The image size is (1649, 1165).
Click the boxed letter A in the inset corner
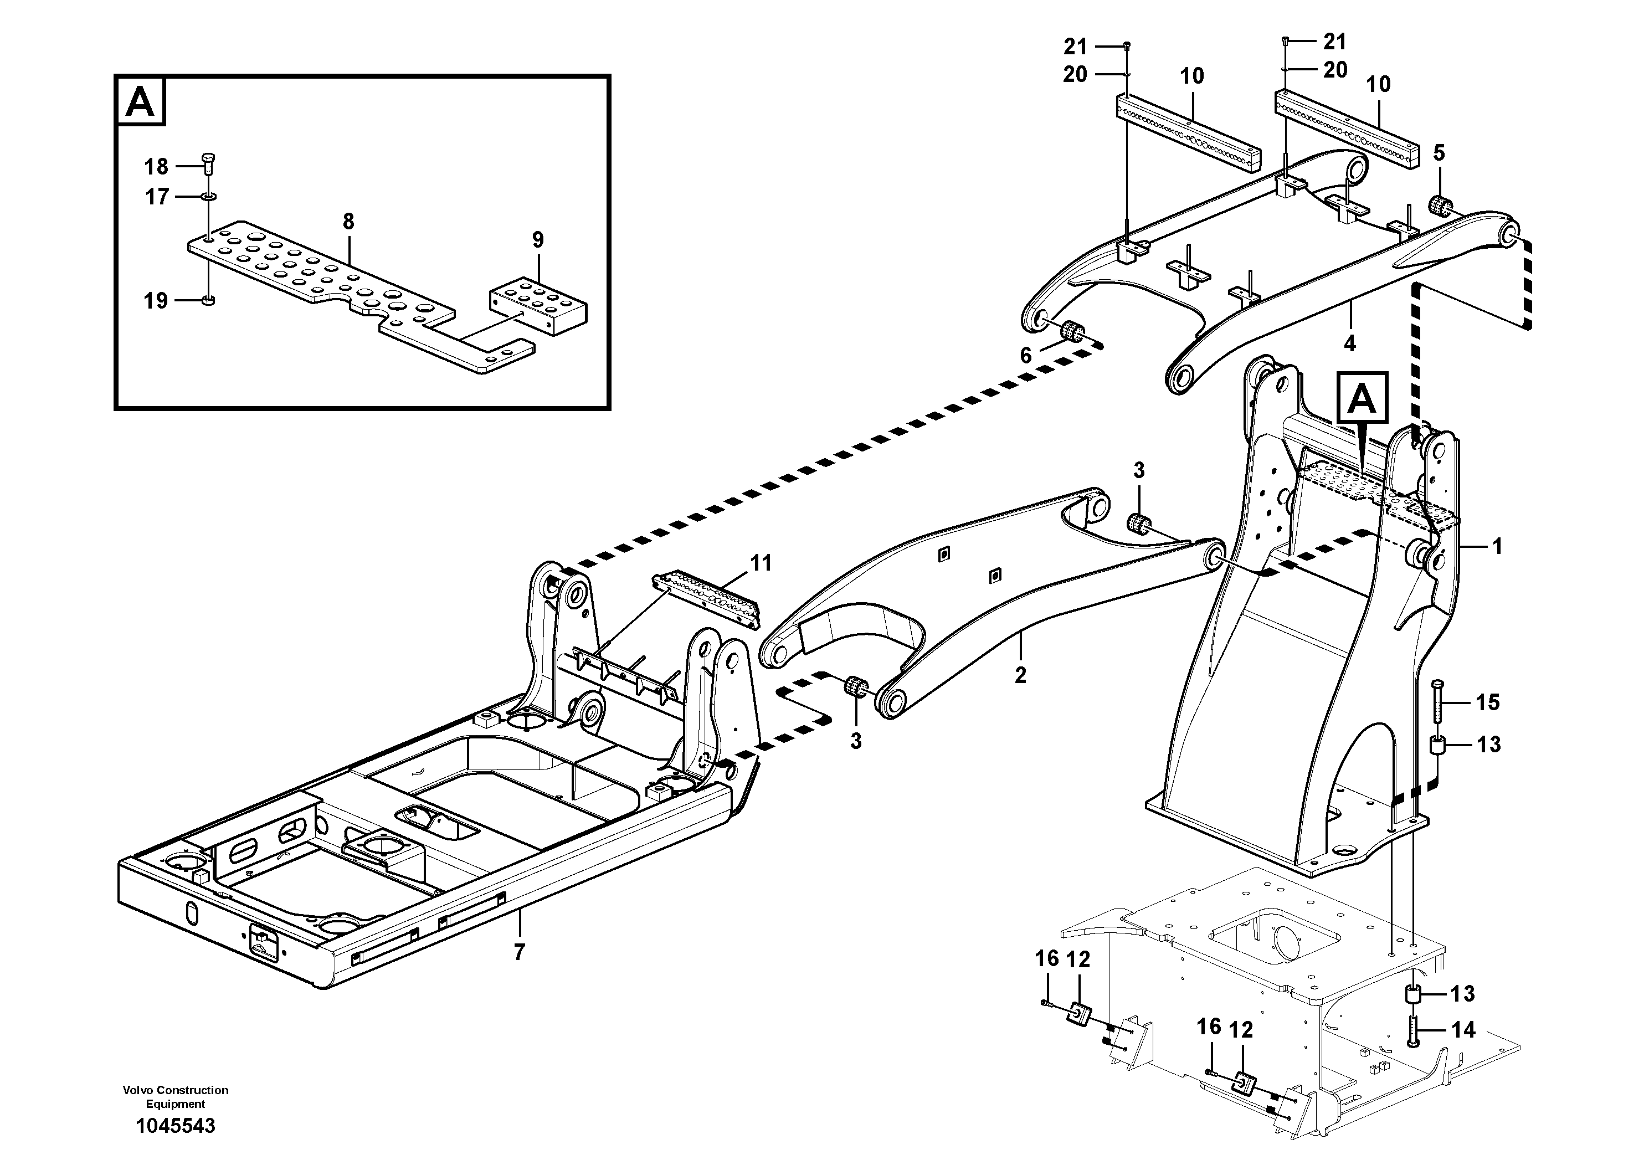coord(140,102)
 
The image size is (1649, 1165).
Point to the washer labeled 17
coord(208,196)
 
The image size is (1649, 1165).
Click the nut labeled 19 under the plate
coord(208,300)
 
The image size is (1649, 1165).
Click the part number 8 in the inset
coord(348,221)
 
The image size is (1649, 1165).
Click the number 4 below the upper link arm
coord(1349,343)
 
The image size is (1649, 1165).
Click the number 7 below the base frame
coord(518,952)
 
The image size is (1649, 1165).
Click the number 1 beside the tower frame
coord(1497,547)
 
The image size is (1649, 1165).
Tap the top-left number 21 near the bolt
coord(1075,47)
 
